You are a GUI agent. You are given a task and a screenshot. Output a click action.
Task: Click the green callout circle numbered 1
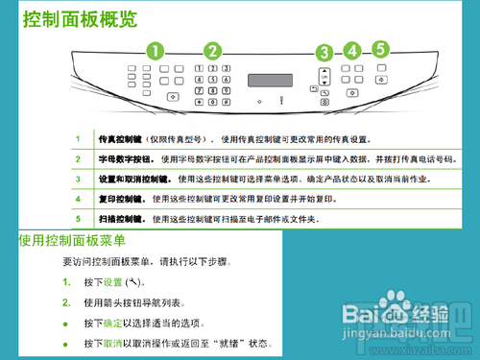[x=155, y=50]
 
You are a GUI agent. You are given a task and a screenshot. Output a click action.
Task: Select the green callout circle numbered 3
[x=324, y=54]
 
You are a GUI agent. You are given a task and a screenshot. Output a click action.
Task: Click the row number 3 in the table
[x=78, y=179]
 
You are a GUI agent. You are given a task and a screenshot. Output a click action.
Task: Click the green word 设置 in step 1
[x=113, y=282]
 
